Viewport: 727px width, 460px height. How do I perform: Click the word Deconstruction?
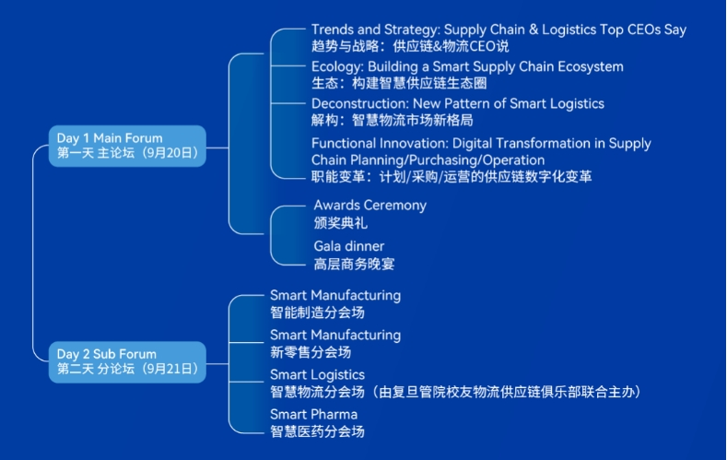point(358,104)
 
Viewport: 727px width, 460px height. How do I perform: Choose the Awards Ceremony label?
point(369,206)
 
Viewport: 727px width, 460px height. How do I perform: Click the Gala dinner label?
point(349,246)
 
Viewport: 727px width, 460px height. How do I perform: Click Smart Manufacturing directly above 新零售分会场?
point(335,335)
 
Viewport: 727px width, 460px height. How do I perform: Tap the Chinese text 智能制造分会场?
point(317,312)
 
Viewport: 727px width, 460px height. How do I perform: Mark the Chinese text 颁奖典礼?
point(341,222)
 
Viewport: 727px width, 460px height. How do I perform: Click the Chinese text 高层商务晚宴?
point(355,264)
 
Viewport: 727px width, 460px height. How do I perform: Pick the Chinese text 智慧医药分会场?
point(317,431)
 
